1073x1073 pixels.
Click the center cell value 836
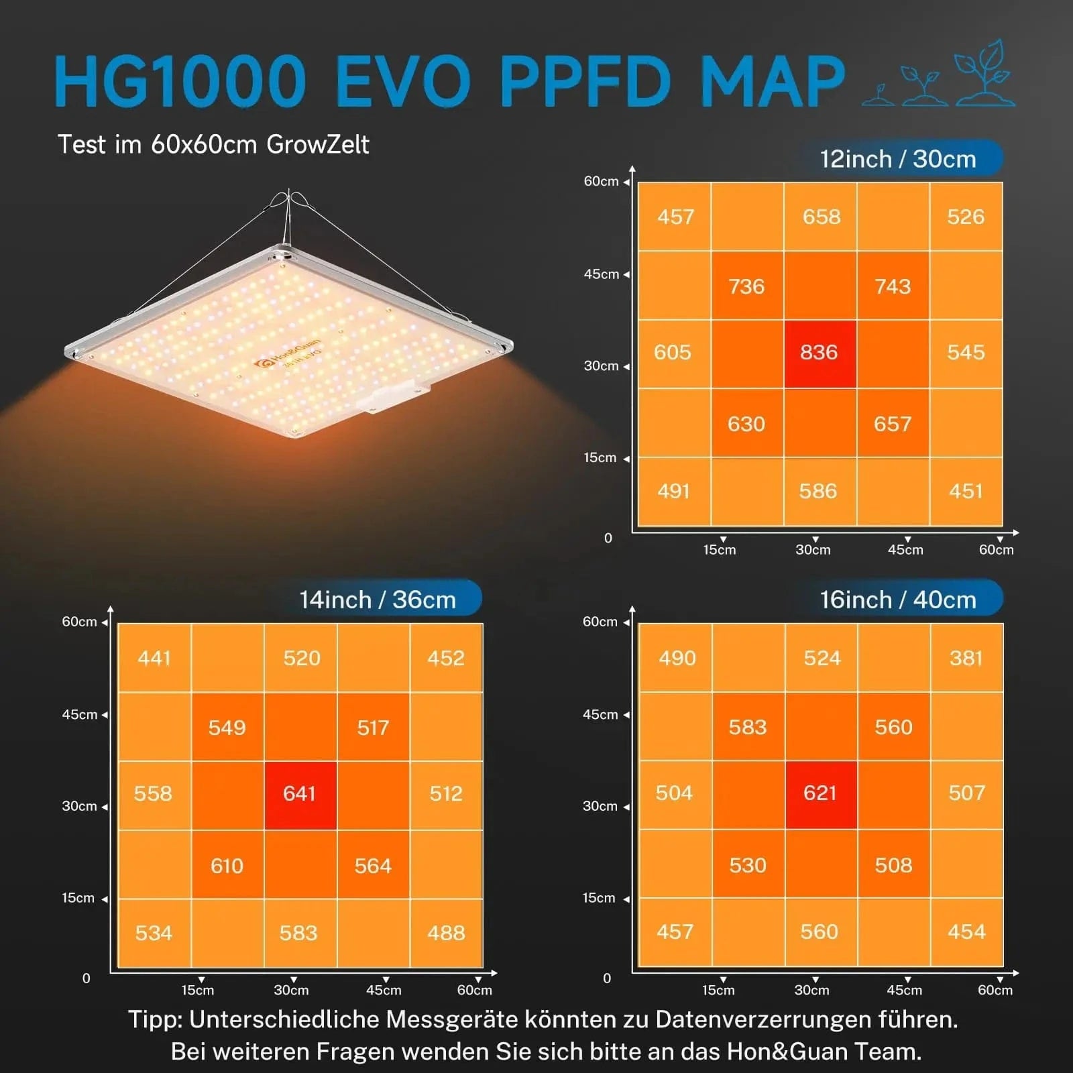[819, 353]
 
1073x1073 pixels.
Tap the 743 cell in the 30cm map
[893, 287]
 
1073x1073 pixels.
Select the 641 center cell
[299, 794]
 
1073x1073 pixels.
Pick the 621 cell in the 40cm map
[820, 793]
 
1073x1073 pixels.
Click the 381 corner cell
[966, 659]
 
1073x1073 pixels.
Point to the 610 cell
[227, 866]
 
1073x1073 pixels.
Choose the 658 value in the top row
[822, 217]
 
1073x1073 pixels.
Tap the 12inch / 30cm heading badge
[898, 159]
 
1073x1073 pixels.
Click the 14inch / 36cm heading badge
[378, 600]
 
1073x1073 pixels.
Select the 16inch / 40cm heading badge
[898, 600]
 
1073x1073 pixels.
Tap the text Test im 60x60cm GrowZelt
[213, 144]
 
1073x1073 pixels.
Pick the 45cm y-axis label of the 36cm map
[80, 715]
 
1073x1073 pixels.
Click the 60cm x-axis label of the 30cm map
[996, 550]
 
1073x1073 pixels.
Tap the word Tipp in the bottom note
[155, 1020]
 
